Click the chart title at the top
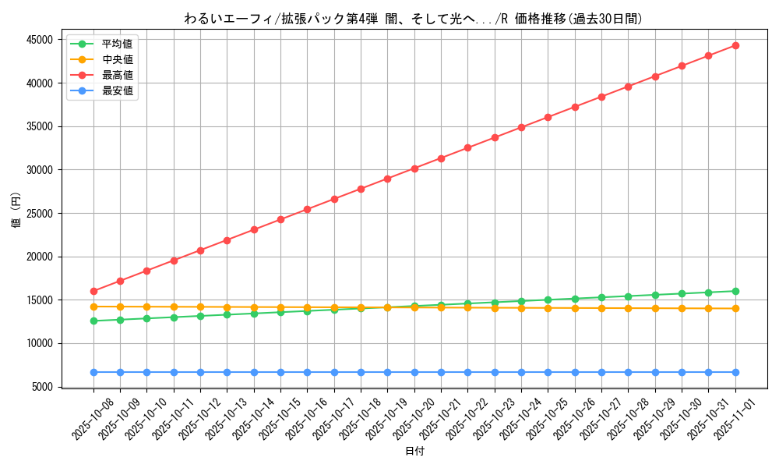[414, 19]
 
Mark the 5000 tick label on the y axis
[39, 387]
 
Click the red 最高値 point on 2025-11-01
[735, 45]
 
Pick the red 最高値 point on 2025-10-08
[93, 291]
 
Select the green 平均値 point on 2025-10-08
[93, 321]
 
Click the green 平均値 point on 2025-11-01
[735, 291]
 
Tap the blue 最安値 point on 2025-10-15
[280, 372]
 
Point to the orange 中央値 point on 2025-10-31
[708, 308]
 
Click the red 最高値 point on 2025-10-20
[414, 168]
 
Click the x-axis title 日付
[414, 452]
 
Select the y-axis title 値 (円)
[16, 211]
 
